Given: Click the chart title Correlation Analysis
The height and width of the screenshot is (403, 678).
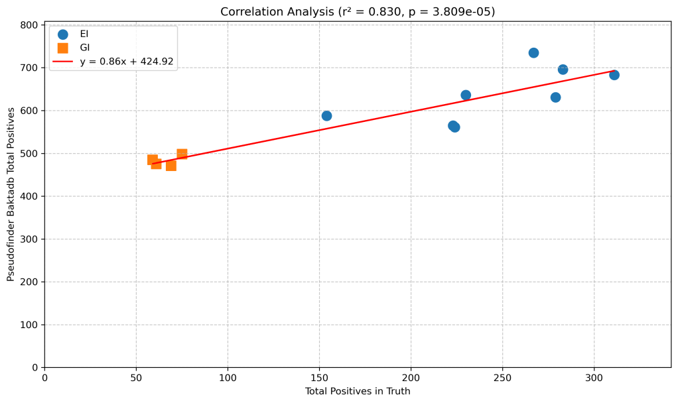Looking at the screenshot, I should coord(358,12).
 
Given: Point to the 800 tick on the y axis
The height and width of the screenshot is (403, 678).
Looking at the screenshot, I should coord(30,25).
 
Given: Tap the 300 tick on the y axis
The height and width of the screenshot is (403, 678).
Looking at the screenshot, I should coord(30,239).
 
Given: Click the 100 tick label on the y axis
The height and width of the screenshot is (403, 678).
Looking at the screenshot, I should coord(30,325).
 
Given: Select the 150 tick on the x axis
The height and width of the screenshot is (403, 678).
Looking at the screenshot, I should coord(319,377).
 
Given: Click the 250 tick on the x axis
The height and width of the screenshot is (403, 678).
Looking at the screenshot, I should coord(502,377).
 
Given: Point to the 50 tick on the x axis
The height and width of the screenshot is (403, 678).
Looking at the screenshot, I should coord(136,377).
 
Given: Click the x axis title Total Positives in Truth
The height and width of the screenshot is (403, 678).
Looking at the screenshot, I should coord(358,392).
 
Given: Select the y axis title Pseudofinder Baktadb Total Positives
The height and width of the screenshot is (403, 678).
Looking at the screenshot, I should coord(11,194).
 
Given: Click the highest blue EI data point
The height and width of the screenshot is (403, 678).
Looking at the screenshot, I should coord(533,53).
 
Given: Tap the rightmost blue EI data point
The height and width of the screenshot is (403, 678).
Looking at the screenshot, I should coord(614,75).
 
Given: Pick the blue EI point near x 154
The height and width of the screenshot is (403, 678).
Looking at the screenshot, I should coord(326,116).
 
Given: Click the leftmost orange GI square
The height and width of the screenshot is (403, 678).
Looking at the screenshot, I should coord(153,160).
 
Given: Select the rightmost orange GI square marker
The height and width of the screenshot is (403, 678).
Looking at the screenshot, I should coord(182,154).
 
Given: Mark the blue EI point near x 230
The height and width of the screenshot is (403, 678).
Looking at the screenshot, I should coord(466,95).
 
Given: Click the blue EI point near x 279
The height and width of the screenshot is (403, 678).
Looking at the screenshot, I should coord(555,97).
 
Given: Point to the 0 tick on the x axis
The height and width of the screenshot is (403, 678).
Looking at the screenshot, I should coord(44,377).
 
